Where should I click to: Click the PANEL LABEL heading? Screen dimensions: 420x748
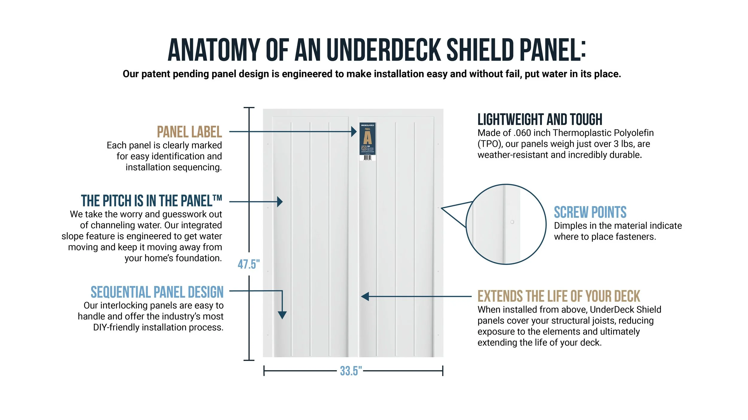pos(189,132)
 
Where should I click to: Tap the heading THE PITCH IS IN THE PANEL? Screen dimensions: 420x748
pos(151,201)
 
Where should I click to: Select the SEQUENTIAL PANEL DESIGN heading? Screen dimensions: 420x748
pos(157,292)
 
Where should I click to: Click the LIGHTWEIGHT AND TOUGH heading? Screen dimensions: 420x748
pos(540,119)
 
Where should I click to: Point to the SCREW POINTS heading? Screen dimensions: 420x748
pos(590,212)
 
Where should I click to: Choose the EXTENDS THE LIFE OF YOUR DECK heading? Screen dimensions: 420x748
pos(559,296)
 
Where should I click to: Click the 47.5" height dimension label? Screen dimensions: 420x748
pos(249,264)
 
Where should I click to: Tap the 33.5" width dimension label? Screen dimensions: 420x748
pos(351,371)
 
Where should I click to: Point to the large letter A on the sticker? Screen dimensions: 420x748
pos(367,138)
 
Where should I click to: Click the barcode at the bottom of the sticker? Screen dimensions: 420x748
pos(367,157)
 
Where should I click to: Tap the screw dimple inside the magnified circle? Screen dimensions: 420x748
pos(512,222)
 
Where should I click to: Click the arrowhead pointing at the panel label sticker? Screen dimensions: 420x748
pos(354,131)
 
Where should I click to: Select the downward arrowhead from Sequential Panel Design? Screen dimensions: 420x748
pos(282,315)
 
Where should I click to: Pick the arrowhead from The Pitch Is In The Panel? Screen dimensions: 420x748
pos(280,202)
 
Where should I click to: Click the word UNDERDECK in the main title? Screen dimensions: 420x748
pos(384,50)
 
